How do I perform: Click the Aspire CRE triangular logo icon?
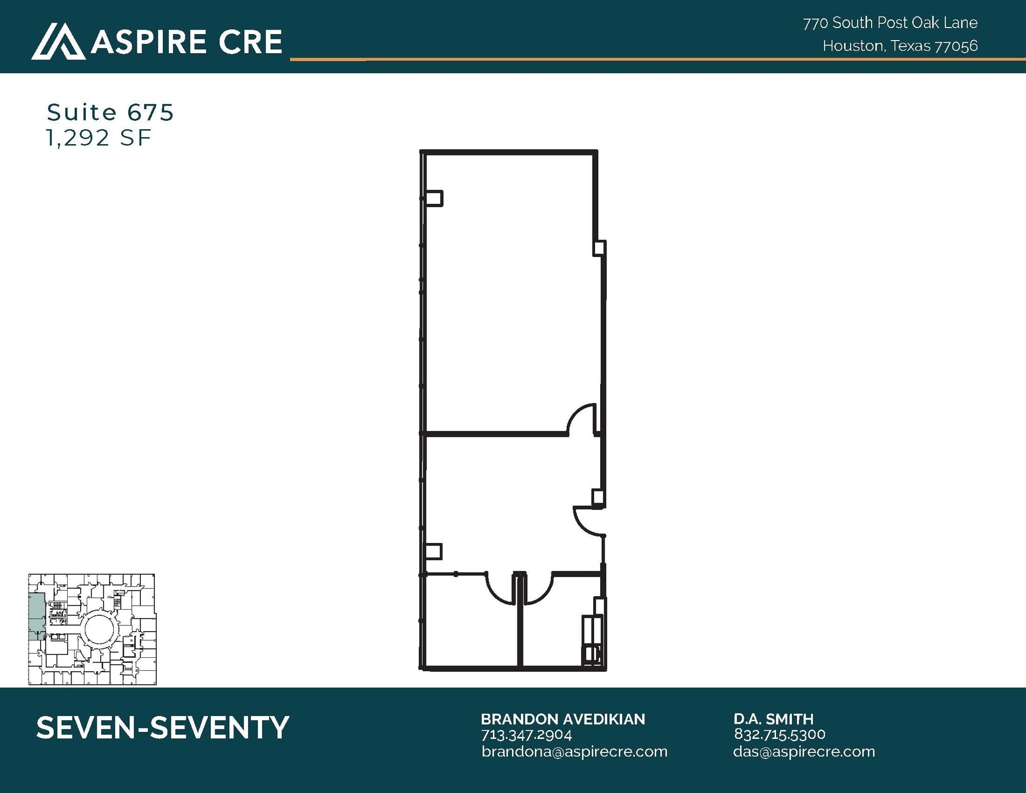click(58, 42)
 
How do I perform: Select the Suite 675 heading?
click(110, 112)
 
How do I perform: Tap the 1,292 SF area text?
click(98, 138)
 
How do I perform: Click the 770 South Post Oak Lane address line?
click(890, 23)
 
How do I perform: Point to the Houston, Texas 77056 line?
click(900, 46)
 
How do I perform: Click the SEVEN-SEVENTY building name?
click(162, 727)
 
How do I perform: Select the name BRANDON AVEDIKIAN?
click(563, 719)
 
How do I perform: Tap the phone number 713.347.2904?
click(526, 735)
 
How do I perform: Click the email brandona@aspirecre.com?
click(574, 751)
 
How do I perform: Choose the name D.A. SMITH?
click(773, 719)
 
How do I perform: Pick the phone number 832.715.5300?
click(779, 734)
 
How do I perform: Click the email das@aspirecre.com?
click(804, 751)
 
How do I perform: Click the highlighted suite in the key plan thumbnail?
click(36, 616)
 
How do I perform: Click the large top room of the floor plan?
click(508, 291)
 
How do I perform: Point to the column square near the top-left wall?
click(433, 198)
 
